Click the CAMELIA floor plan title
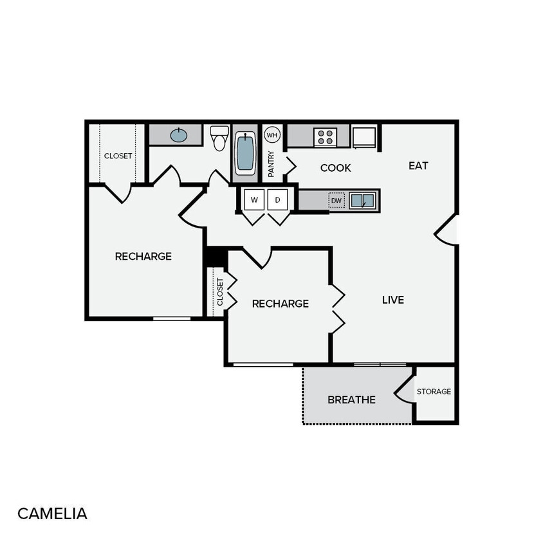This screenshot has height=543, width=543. (52, 513)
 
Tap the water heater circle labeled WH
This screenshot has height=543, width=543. (272, 135)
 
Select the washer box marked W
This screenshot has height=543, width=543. (254, 200)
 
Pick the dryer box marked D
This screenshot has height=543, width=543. (278, 200)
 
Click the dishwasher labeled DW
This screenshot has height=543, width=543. (336, 201)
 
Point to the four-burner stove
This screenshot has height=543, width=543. (325, 137)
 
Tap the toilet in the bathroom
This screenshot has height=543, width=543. (220, 138)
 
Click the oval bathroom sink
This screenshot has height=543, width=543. (179, 135)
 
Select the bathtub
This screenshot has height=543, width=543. (245, 153)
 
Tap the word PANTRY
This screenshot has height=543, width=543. (271, 164)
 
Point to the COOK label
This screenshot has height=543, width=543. (336, 168)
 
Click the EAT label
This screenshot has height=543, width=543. (418, 165)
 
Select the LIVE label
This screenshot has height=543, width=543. (393, 300)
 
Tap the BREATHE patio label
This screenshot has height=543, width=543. (351, 400)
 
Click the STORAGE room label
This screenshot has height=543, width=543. (434, 391)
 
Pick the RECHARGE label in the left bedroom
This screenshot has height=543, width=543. (143, 256)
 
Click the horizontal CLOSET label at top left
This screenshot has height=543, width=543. (118, 156)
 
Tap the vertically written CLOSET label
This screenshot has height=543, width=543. (219, 291)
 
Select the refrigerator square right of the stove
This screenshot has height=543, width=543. (364, 136)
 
